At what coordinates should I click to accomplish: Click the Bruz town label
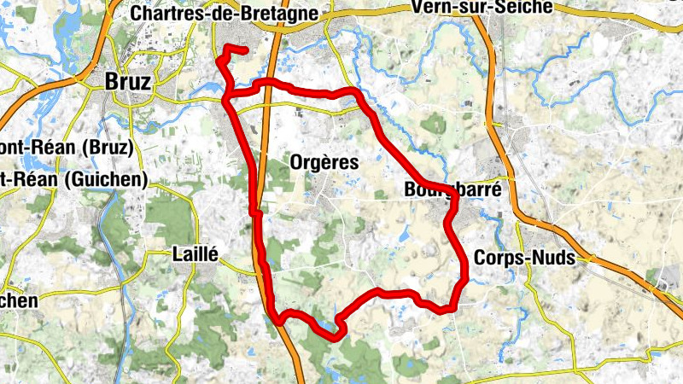tap(128, 82)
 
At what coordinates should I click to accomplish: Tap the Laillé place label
tap(196, 253)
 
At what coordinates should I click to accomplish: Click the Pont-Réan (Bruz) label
tap(67, 148)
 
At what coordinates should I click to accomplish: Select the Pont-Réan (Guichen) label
tap(73, 179)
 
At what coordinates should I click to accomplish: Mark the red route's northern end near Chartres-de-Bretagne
tap(245, 51)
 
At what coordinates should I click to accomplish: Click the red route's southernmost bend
tap(335, 335)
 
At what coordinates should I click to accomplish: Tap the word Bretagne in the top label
tap(282, 14)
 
